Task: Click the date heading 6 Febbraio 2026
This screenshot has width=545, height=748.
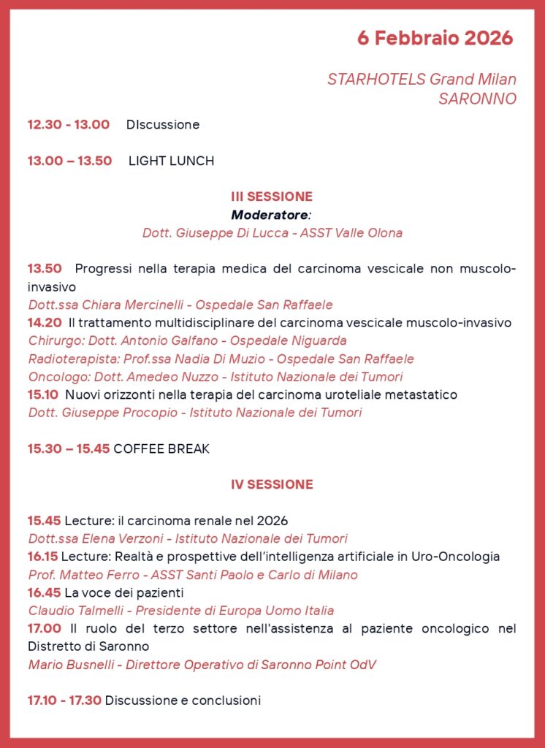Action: point(435,38)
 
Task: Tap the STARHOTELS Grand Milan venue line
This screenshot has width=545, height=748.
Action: point(422,80)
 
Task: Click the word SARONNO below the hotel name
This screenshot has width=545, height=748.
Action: point(477,99)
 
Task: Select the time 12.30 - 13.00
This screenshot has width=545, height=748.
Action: point(69,125)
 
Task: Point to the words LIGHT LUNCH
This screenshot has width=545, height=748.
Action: point(171,161)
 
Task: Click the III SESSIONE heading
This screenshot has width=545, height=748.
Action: point(272,196)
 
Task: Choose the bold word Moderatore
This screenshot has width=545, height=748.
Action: point(270,215)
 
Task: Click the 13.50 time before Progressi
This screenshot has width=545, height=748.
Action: point(45,269)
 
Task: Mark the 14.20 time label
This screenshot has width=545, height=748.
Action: point(45,323)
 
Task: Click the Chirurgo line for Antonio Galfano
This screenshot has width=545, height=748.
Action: point(187,340)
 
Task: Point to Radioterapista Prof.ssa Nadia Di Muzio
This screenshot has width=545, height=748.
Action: point(221,359)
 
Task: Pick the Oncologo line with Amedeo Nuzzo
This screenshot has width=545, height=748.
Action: point(215,377)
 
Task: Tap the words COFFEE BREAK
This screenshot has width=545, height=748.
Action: point(161,449)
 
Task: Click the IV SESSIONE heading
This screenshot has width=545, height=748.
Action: point(272,484)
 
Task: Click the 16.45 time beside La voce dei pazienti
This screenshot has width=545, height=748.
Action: point(45,592)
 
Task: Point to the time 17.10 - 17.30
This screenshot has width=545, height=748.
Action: point(64,701)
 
